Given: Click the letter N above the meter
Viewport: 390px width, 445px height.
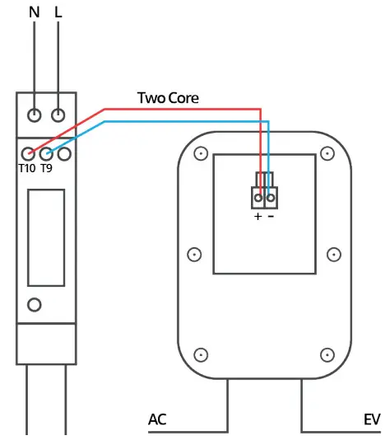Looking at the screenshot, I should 34,13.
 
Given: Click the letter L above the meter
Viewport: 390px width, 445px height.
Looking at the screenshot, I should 58,13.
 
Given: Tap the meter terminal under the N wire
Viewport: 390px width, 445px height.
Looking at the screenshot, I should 35,115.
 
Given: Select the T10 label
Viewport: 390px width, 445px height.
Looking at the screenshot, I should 27,168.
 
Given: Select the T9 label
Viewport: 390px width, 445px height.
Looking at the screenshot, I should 47,168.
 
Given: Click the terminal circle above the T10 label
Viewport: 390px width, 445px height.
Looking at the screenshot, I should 29,152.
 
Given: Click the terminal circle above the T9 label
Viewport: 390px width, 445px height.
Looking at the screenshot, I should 46,152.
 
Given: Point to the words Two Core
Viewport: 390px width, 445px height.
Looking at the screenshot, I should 168,98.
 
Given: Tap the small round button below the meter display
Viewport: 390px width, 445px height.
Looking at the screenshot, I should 34,305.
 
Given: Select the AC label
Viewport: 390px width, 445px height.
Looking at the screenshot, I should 158,419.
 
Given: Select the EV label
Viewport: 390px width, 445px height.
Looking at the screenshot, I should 372,419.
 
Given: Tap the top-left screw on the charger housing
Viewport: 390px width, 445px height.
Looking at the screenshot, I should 199,153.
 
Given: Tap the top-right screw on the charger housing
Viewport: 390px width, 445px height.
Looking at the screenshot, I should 327,153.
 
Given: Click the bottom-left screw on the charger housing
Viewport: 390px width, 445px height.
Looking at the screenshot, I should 199,354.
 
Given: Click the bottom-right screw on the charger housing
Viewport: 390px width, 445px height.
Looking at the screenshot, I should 327,354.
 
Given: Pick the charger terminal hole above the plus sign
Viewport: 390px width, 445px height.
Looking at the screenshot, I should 258,198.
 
